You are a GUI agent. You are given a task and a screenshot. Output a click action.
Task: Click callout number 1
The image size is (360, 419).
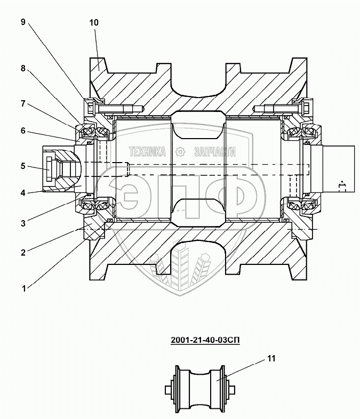pos(23,288)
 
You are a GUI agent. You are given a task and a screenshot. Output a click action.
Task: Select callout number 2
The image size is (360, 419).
pos(23,253)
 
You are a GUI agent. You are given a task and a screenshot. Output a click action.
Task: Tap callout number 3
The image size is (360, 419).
pos(23,223)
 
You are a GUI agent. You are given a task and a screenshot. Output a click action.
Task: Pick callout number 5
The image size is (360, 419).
pos(23,166)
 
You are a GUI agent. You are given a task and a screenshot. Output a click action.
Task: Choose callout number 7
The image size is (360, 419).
pos(23,103)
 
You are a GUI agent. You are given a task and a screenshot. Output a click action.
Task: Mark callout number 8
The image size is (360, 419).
pos(23,68)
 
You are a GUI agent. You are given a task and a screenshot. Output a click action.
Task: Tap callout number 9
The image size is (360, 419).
pos(23,22)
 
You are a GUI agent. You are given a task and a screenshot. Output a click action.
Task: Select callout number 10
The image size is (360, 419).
pos(94,23)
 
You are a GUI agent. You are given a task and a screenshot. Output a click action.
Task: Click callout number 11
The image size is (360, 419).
pos(271,359)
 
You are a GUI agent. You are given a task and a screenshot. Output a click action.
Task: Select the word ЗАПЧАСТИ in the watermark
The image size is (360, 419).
pos(216,152)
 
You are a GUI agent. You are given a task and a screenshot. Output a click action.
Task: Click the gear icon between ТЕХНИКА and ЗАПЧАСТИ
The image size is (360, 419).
pos(180,152)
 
